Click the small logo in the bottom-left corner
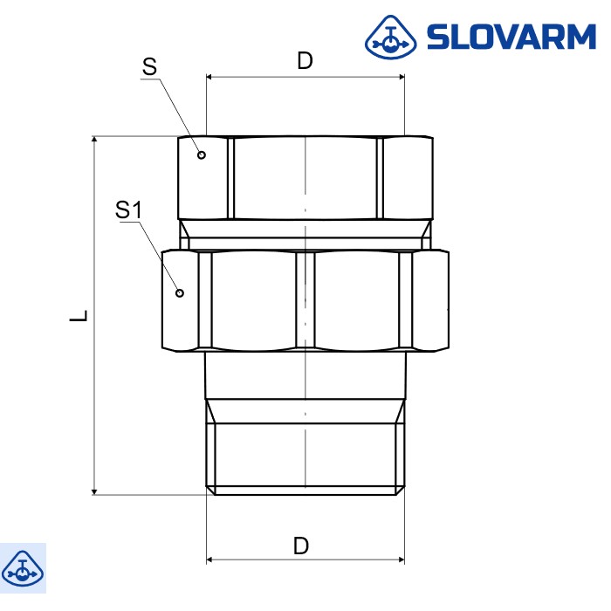point(23,568)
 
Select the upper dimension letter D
point(305,60)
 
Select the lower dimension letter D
point(301,546)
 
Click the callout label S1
point(128,209)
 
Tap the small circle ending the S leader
point(202,154)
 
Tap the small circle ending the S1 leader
point(180,292)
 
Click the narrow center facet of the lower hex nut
point(305,301)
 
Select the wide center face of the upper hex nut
point(305,178)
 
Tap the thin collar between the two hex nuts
point(305,234)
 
